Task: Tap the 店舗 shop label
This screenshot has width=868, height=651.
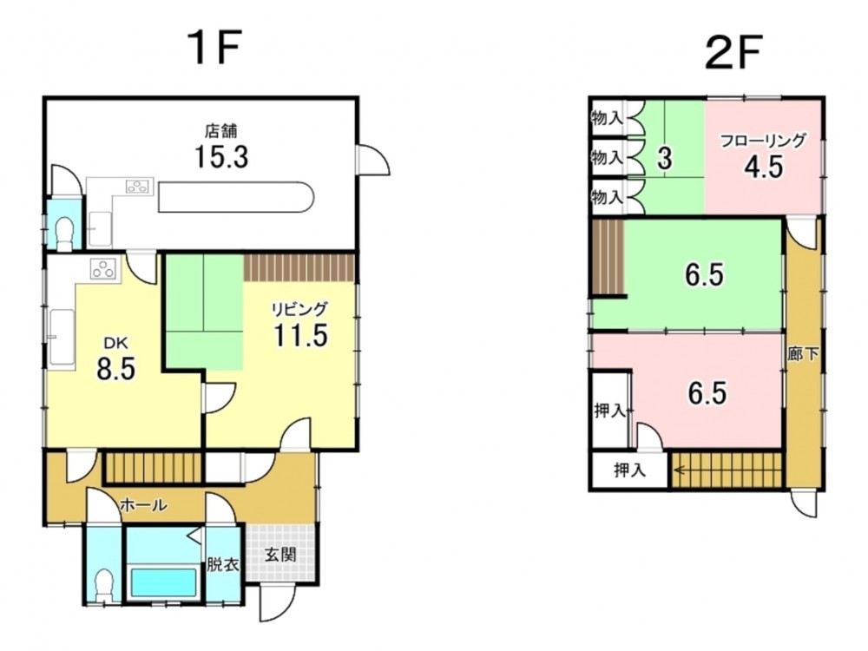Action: pos(220,132)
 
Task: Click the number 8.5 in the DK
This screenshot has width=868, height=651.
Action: pos(115,371)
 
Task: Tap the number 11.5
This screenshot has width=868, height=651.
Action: pos(300,335)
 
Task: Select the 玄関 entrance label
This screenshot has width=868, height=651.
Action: pos(279,554)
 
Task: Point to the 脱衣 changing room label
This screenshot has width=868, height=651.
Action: pos(222,563)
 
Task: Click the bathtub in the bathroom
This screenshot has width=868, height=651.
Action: pos(163,582)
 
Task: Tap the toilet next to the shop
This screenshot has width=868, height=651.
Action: pos(63,233)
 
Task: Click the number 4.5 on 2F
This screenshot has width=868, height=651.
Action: pos(764,166)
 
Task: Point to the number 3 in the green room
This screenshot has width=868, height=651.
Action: pos(665,159)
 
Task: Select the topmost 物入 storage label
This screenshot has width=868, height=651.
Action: pos(607,117)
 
